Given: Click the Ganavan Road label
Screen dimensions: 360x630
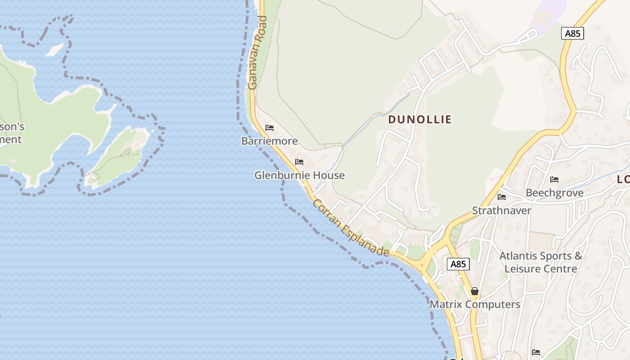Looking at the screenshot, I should (x=257, y=53).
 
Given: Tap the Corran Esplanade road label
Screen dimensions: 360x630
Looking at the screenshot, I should (x=351, y=228).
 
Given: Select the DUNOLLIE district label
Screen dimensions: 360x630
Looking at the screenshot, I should (x=419, y=119).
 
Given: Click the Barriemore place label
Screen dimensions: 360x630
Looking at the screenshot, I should (x=270, y=141).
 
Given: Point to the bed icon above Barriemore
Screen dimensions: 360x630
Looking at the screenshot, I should (x=270, y=128).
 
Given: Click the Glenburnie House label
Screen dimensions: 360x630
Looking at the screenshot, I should (x=299, y=175).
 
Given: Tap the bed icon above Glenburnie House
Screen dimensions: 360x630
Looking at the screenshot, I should (x=299, y=162).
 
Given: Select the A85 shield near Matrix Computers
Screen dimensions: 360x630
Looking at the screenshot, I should (x=458, y=264).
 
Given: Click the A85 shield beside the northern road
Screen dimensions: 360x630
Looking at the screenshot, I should (x=572, y=33).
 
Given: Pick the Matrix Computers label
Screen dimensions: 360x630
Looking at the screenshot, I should (x=475, y=304).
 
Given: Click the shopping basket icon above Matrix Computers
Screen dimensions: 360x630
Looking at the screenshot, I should (x=475, y=291).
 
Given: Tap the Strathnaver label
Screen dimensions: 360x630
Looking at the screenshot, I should (x=501, y=210).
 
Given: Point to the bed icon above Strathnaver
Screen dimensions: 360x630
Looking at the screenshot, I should (x=502, y=197).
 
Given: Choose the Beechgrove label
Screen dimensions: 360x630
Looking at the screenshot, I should (x=554, y=193).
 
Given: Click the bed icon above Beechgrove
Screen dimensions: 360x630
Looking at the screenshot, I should (x=554, y=180).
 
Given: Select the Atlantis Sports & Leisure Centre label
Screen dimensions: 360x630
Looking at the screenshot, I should (x=540, y=262).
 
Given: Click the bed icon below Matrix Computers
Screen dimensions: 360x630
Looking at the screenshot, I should (x=535, y=352).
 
